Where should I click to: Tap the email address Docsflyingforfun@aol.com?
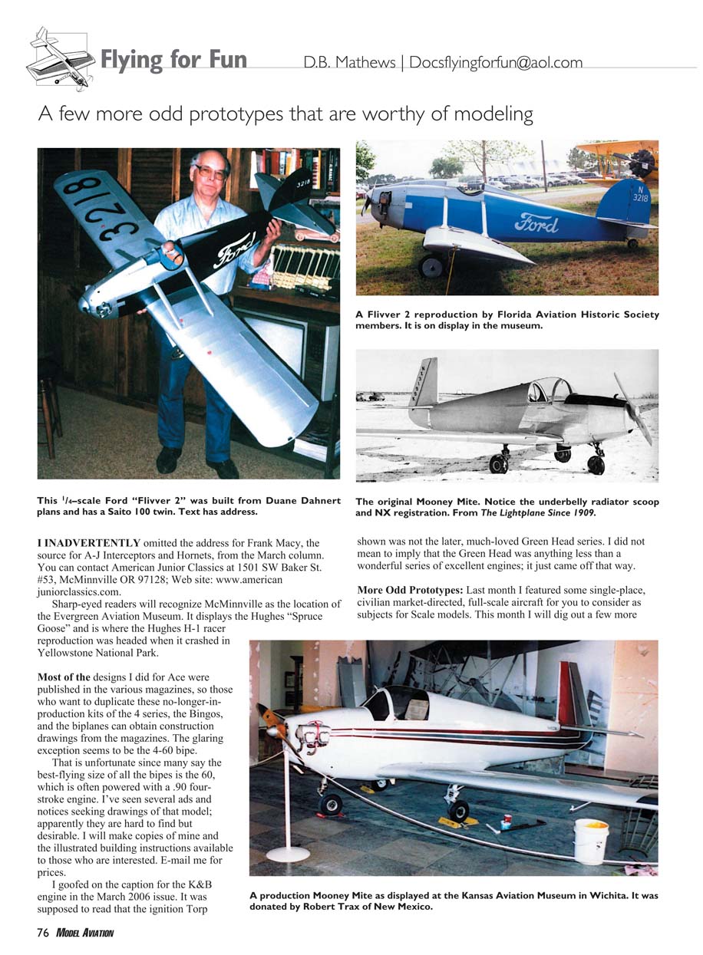(x=496, y=62)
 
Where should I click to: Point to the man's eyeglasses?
(x=210, y=171)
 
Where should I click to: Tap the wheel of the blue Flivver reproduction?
(x=431, y=266)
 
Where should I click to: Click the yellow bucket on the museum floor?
(x=590, y=841)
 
